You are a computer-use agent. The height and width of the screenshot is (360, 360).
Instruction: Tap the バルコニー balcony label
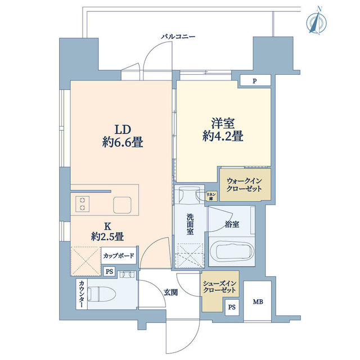click(x=178, y=36)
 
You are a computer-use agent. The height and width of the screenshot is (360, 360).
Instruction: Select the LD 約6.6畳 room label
click(x=123, y=135)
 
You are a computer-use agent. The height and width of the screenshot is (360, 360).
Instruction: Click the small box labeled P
click(x=254, y=81)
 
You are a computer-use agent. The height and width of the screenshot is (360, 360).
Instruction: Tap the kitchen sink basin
click(x=122, y=204)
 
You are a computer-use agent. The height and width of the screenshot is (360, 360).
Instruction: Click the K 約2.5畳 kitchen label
click(x=106, y=231)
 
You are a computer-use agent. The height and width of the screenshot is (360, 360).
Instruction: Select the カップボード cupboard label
click(x=118, y=255)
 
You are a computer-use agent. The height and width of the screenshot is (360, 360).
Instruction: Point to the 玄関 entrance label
click(x=171, y=291)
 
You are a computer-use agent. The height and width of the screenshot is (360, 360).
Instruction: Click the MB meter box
click(x=257, y=302)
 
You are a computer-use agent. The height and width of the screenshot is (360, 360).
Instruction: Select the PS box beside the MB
click(x=232, y=308)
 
